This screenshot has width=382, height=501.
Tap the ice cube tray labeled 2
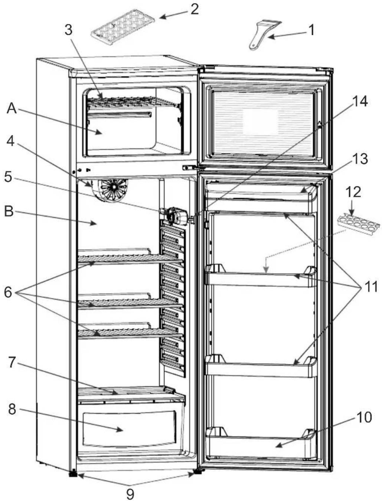[x=123, y=27]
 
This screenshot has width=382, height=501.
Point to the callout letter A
[x=12, y=109]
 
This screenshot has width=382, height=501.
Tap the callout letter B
[x=9, y=212]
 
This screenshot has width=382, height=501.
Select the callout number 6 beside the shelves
[x=8, y=292]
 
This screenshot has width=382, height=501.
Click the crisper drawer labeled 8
[x=130, y=429]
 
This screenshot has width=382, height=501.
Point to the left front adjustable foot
[x=73, y=473]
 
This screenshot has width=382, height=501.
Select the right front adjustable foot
[x=197, y=471]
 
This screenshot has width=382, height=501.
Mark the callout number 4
[x=10, y=141]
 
